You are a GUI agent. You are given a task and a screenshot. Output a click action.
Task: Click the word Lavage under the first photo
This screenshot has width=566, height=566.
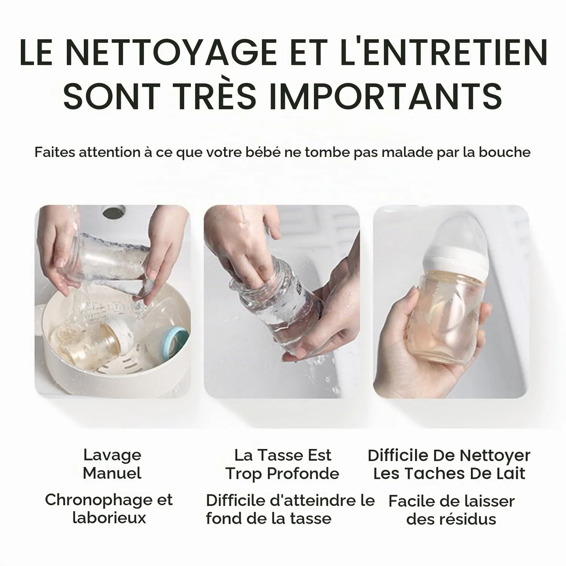coord(112,455)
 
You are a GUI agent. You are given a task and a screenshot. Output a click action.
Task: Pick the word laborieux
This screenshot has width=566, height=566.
coord(109,518)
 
